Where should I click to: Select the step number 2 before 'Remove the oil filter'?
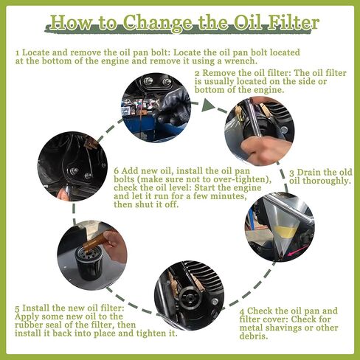click(x=197, y=75)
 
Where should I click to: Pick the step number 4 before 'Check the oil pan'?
click(x=241, y=311)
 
